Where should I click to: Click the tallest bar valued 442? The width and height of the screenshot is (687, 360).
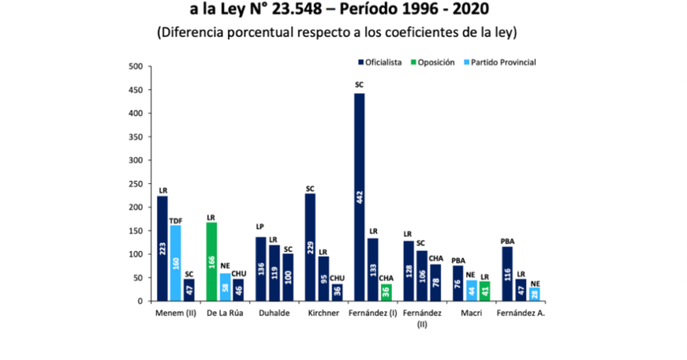359,197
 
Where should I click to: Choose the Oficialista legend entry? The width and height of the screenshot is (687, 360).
380,62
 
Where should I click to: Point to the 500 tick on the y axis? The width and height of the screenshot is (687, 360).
136,66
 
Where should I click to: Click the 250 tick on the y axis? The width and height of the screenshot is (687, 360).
136,184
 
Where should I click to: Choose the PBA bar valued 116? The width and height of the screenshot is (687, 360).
507,274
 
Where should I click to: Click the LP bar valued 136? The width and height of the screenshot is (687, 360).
260,269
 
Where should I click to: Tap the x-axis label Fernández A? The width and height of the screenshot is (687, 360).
523,313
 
